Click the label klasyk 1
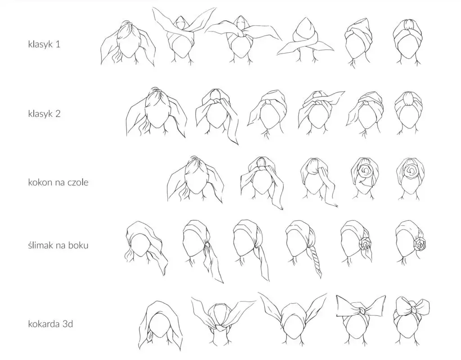click(x=44, y=44)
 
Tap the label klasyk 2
click(x=44, y=113)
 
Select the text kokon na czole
click(x=58, y=182)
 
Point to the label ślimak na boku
click(x=58, y=245)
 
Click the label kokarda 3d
click(x=50, y=324)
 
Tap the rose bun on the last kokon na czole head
click(x=410, y=171)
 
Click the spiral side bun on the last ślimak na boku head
click(x=420, y=243)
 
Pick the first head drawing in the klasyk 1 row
click(x=127, y=44)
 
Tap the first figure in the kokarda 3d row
click(x=160, y=325)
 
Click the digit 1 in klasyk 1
click(x=58, y=44)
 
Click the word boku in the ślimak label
click(x=78, y=245)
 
